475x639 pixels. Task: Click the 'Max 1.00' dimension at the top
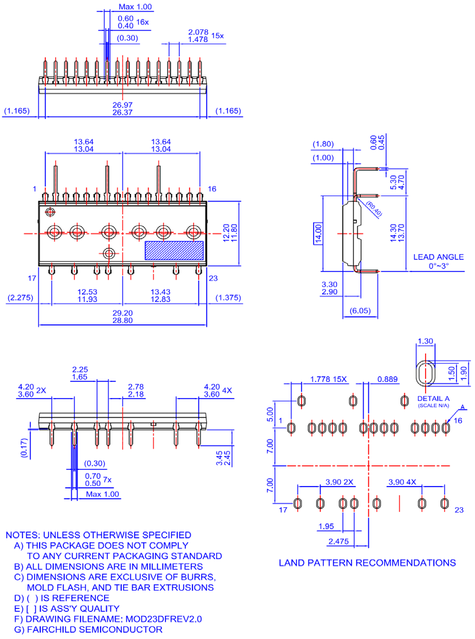136,7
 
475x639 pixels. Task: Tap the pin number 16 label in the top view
212,189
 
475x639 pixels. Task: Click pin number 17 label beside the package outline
33,278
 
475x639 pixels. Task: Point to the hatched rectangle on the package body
174,250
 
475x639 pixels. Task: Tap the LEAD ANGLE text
438,257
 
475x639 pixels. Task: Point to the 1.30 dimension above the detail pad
426,341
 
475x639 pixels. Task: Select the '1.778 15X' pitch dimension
329,379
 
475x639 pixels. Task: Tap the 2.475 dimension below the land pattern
338,541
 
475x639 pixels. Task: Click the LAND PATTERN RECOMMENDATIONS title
367,563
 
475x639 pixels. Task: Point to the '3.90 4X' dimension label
403,481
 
